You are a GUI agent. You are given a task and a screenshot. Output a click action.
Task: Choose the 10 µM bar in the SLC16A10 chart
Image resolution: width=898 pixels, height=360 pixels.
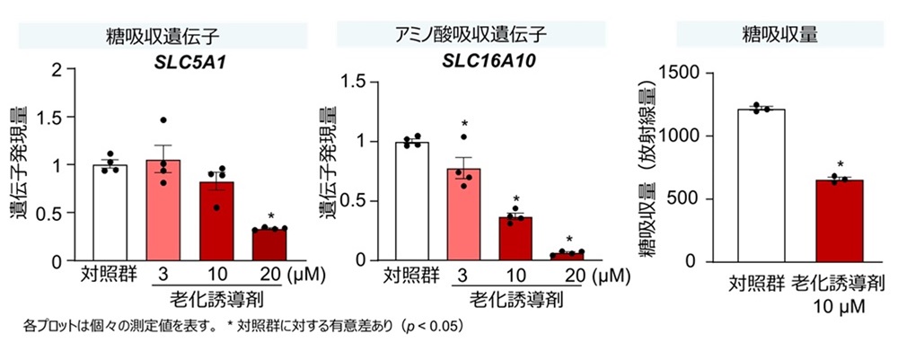[517, 239]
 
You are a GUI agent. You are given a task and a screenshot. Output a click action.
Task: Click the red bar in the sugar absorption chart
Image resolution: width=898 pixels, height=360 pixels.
[840, 221]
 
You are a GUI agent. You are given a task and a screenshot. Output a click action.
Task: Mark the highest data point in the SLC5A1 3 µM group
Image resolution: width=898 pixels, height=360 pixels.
[163, 120]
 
